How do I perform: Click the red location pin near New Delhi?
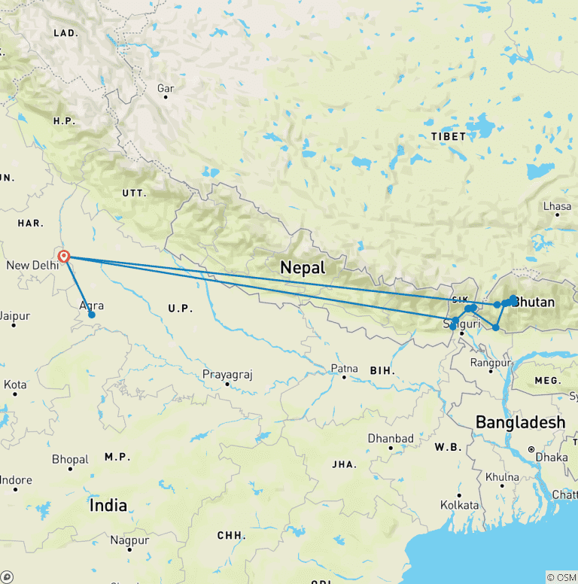coord(65,257)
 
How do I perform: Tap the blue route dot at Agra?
coord(92,315)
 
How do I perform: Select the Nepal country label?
coord(302,267)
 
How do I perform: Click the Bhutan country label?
coord(534,303)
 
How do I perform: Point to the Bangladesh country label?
coord(520,422)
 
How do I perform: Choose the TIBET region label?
coord(449,136)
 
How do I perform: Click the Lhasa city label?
coord(557,205)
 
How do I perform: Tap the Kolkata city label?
coord(459,504)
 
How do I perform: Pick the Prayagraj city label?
coord(227,374)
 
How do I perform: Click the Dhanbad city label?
coord(391,438)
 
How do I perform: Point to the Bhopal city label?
coord(70,459)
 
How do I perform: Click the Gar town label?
coord(166,89)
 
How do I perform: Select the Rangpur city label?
coord(490,362)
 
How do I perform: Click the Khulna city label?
coord(502,476)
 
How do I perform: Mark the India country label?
coord(108,506)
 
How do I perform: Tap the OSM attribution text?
coord(561,577)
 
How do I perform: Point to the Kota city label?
coord(15,385)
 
